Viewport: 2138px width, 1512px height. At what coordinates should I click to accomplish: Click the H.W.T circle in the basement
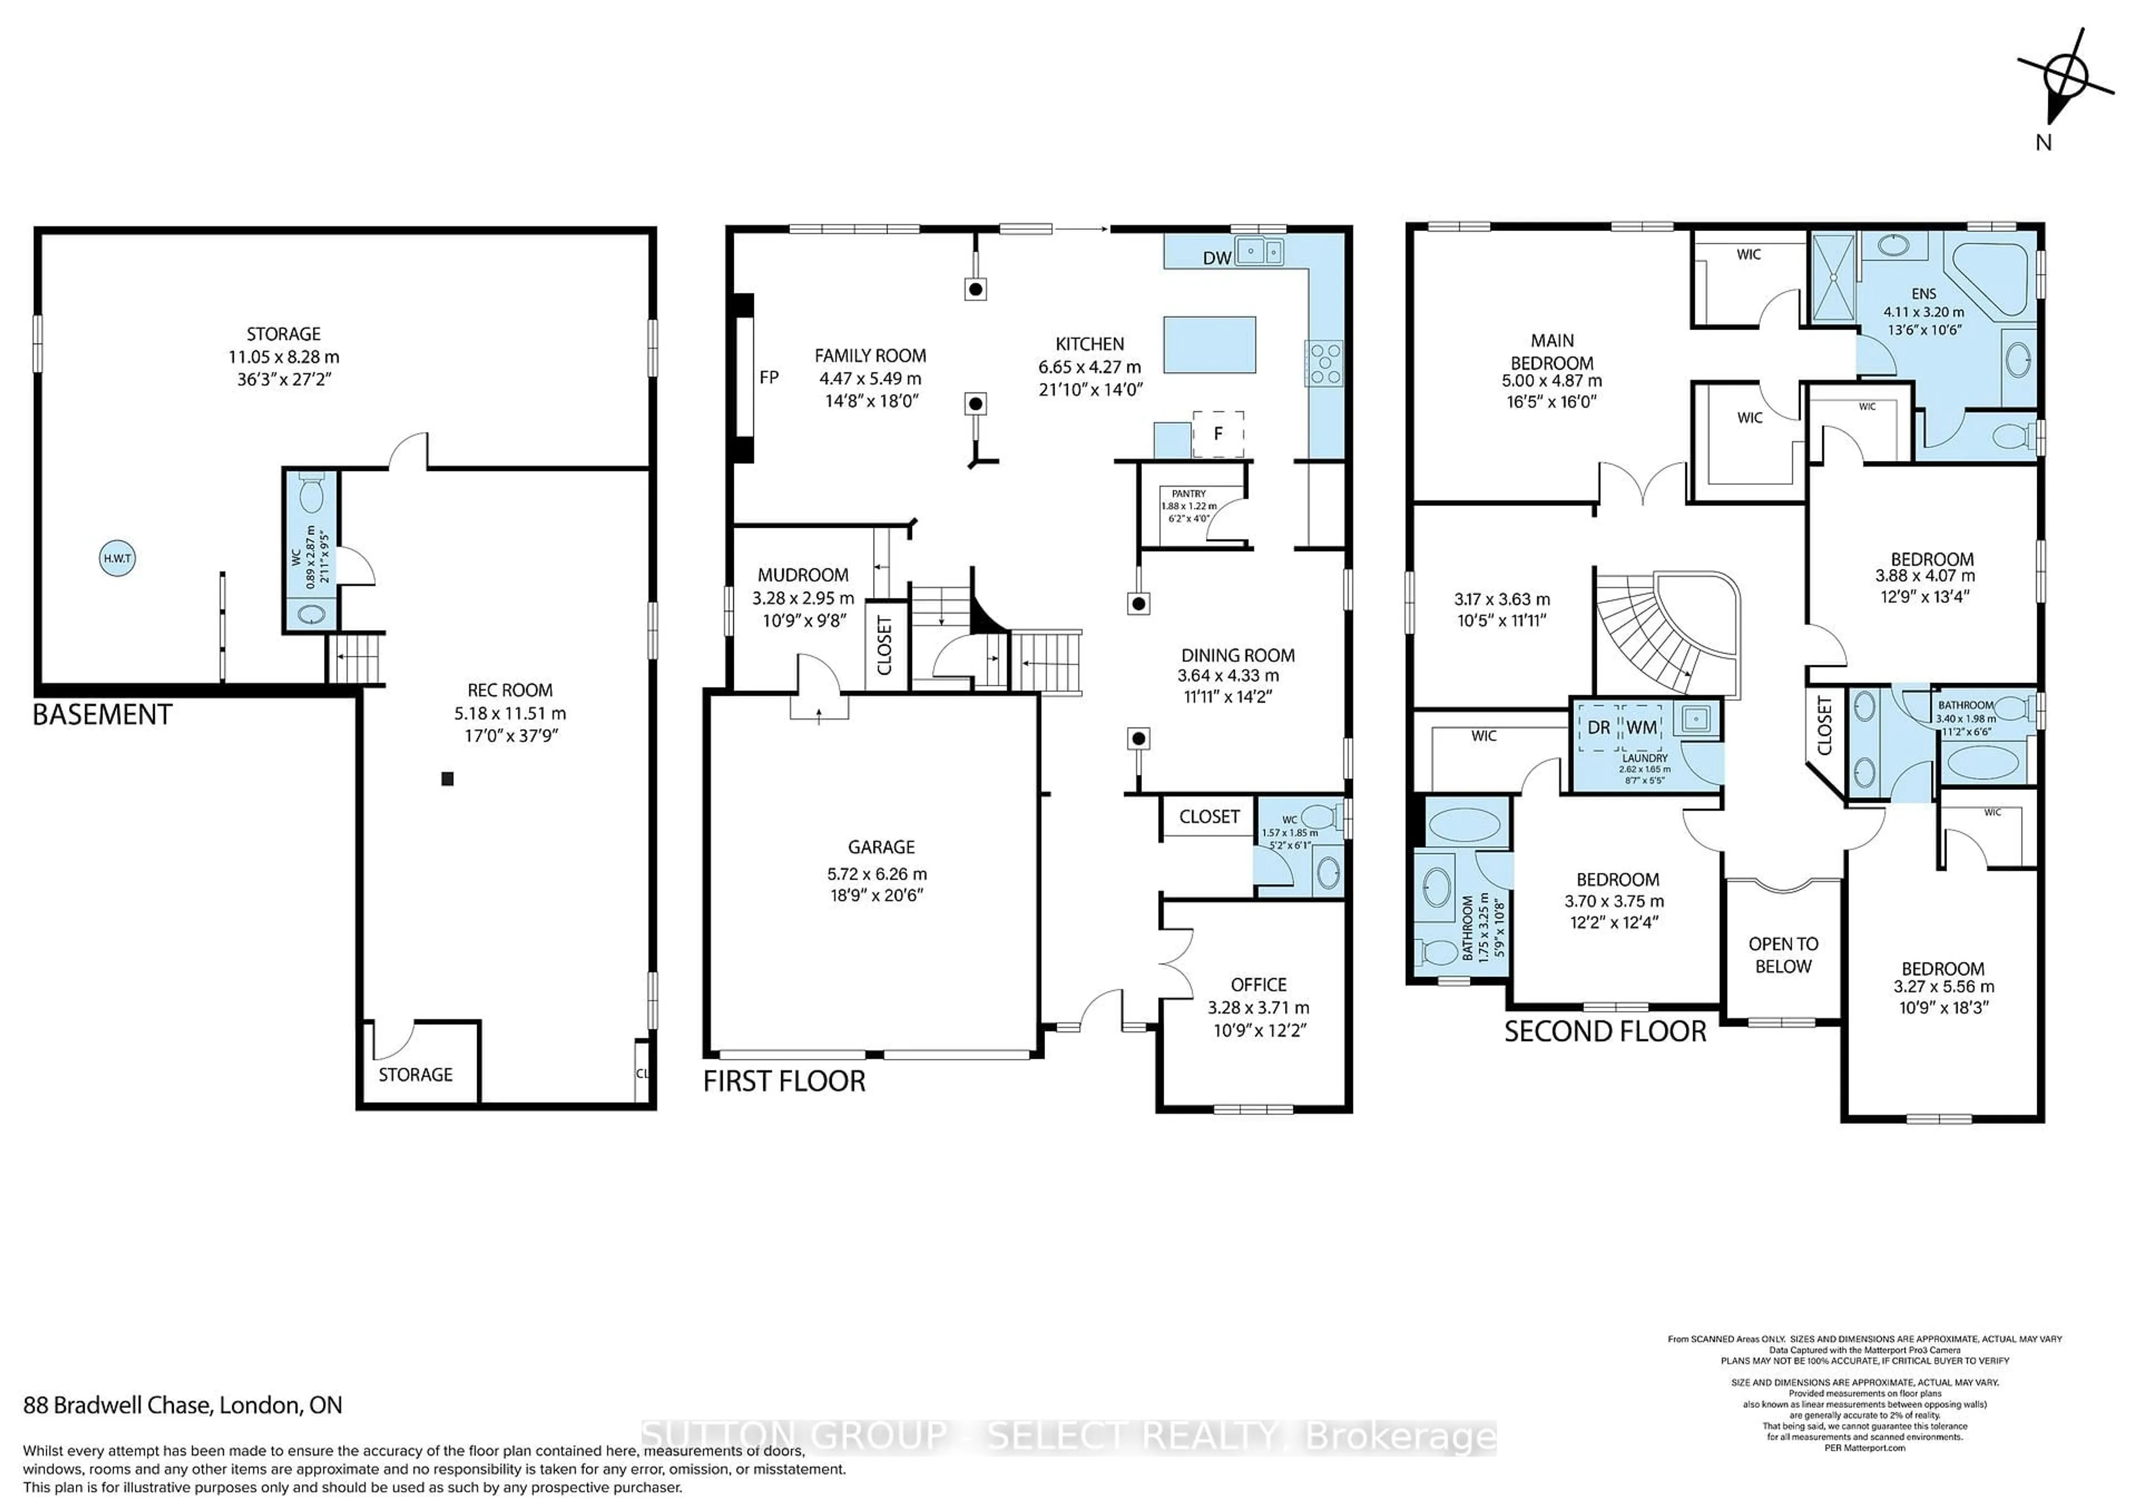[117, 558]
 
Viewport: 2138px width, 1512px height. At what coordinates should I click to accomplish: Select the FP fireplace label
[769, 377]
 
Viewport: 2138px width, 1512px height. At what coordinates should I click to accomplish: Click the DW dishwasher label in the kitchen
[1217, 258]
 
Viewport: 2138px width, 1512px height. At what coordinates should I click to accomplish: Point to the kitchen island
[1209, 345]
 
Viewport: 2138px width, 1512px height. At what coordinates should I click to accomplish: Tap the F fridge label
[1218, 434]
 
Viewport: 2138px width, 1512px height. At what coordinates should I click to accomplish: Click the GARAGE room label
[881, 846]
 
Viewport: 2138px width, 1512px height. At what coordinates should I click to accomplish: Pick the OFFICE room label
[1258, 984]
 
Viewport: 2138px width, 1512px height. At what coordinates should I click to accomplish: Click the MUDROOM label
[803, 575]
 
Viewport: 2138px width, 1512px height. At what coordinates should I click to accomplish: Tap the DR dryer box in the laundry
[1598, 727]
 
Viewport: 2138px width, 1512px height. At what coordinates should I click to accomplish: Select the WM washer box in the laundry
[1642, 727]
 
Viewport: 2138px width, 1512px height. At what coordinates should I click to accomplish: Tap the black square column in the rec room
[447, 778]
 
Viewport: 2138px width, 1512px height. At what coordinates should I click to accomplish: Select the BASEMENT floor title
[102, 715]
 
